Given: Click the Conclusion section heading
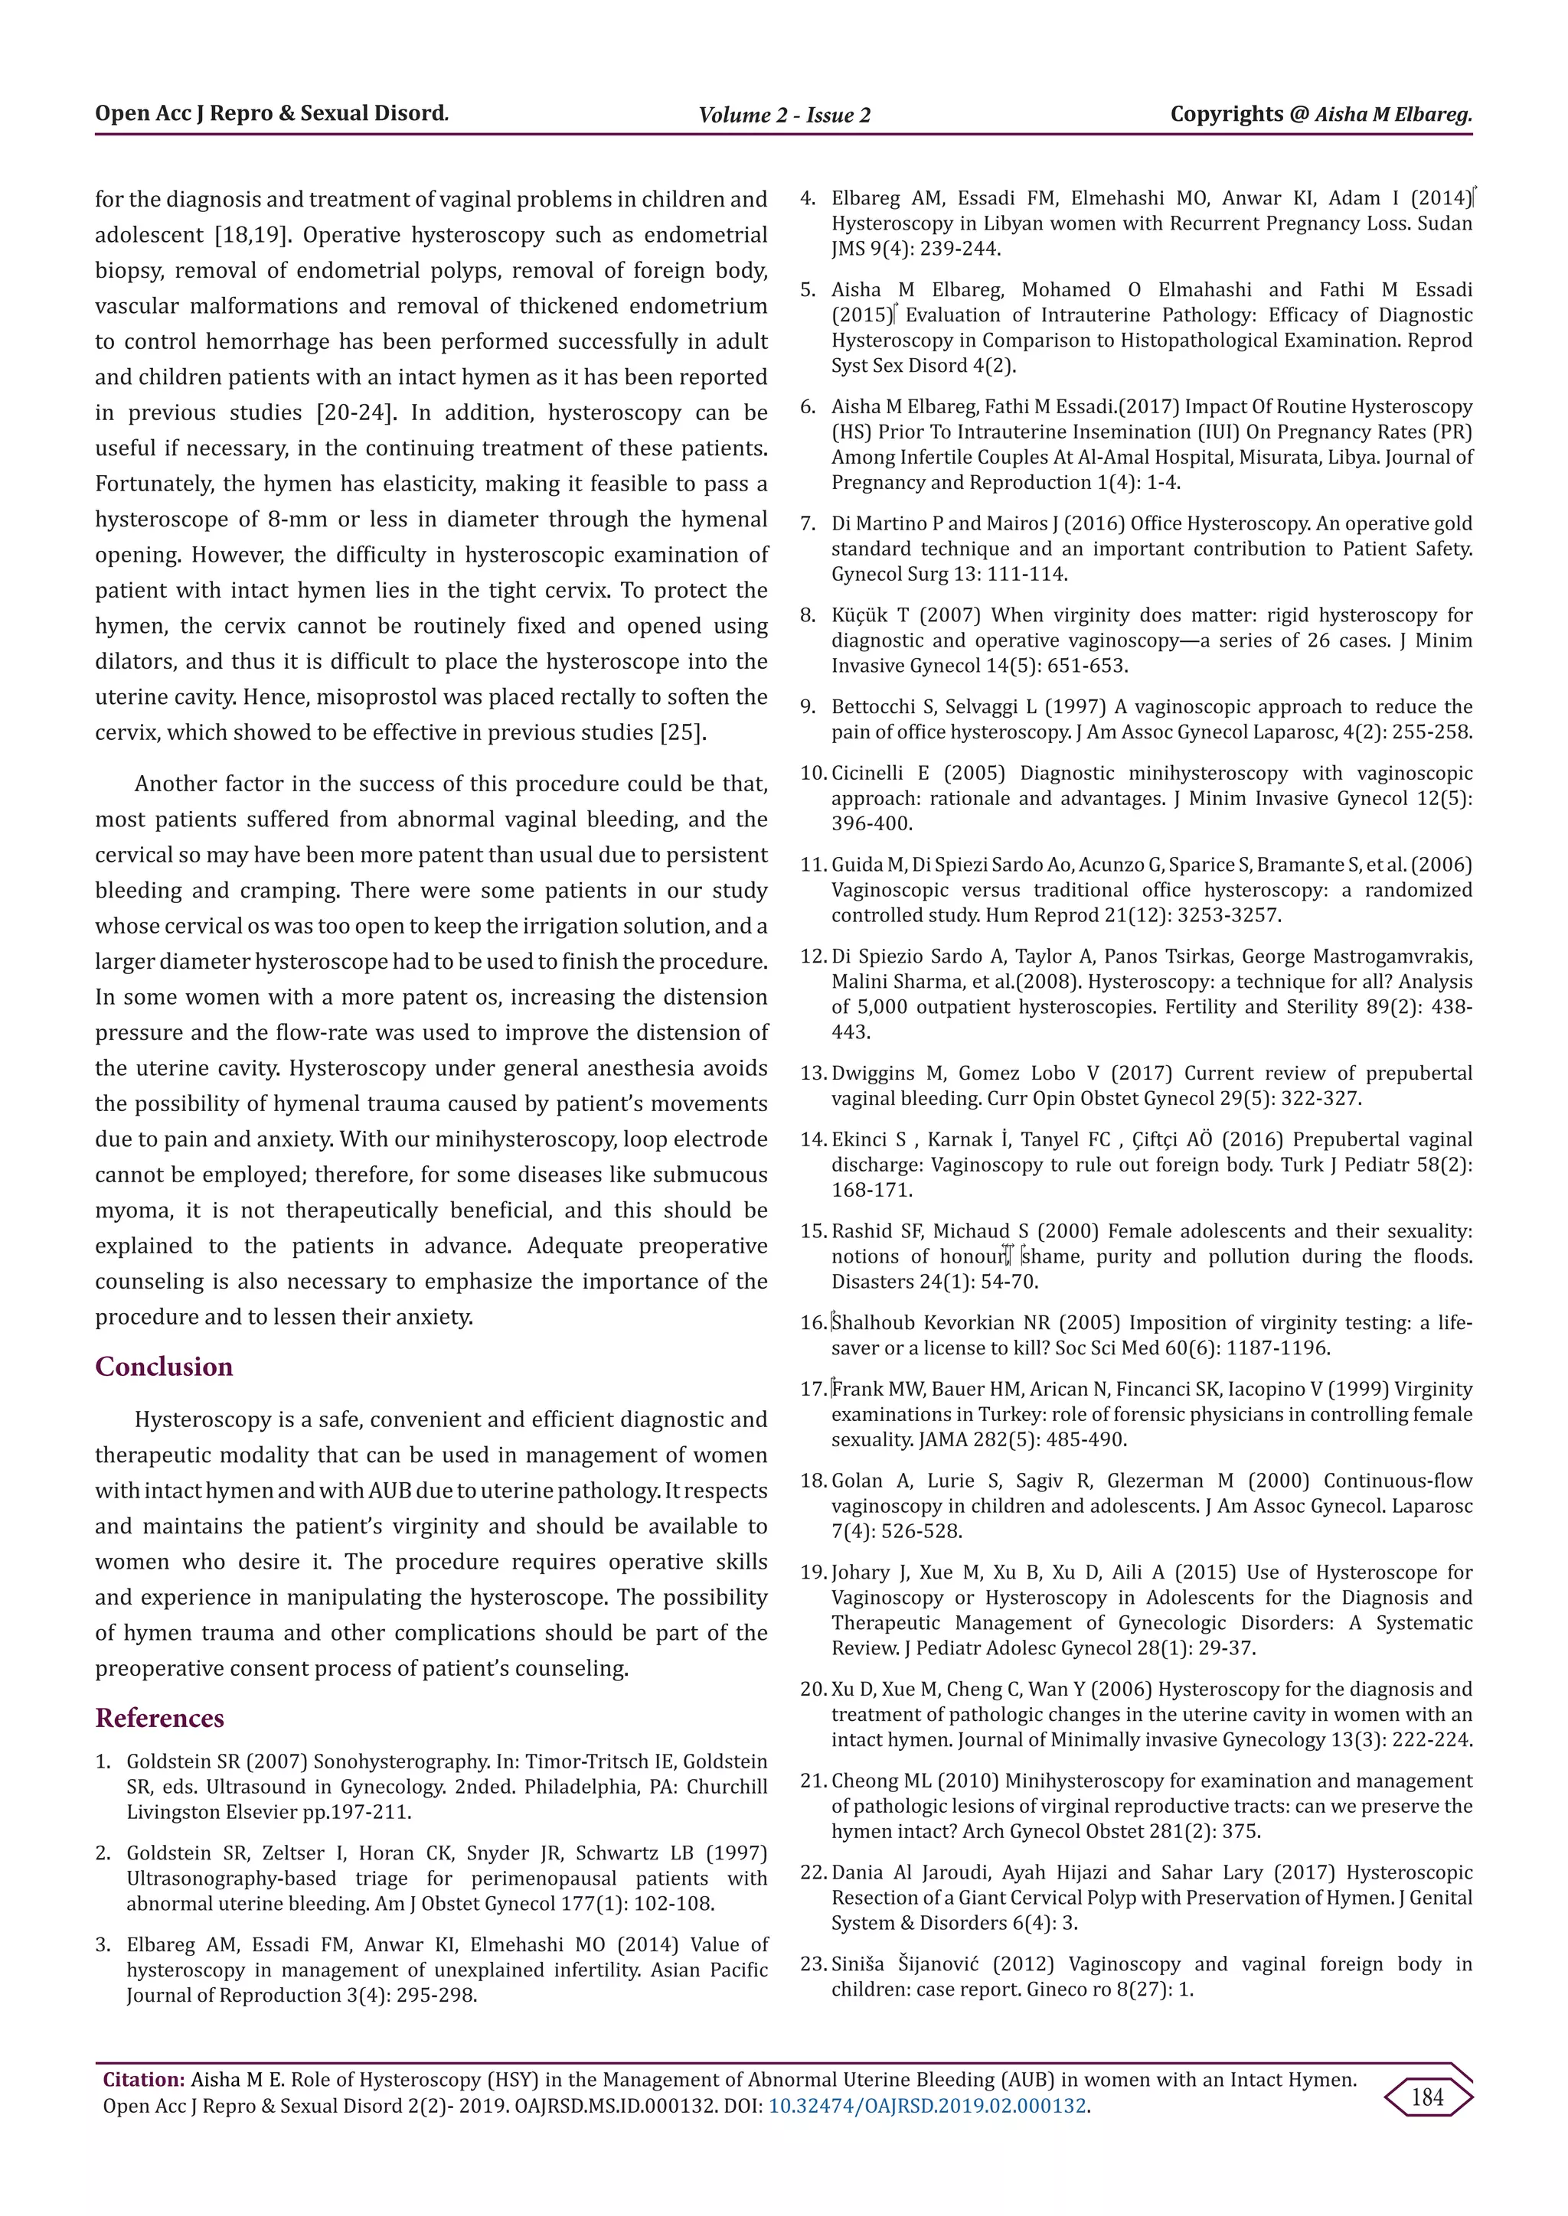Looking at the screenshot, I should click(x=163, y=1367).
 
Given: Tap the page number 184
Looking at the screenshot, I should click(x=1427, y=2097).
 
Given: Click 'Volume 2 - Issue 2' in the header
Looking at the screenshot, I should click(x=784, y=116).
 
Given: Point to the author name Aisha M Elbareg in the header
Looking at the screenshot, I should click(x=1392, y=115).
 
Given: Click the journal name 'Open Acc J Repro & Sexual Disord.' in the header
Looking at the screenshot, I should click(x=271, y=114).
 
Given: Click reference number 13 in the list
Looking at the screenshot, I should click(x=813, y=1074).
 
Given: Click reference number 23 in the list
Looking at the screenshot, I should click(x=813, y=1964).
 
